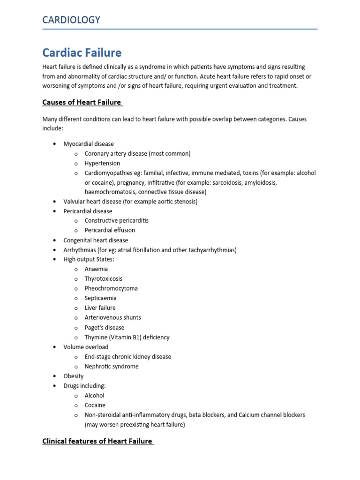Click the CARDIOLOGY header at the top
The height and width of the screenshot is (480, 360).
pyautogui.click(x=71, y=20)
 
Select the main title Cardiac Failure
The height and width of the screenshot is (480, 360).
pyautogui.click(x=82, y=52)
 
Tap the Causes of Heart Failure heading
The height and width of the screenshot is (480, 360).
pyautogui.click(x=82, y=102)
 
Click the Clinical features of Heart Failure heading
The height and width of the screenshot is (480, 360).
pyautogui.click(x=98, y=441)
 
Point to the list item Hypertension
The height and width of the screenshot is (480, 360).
pyautogui.click(x=102, y=164)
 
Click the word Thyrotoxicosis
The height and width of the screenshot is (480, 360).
pyautogui.click(x=104, y=279)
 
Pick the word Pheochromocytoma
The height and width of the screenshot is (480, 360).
pyautogui.click(x=111, y=288)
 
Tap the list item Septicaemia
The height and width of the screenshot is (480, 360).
pyautogui.click(x=101, y=298)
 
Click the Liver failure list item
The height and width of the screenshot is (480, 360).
pyautogui.click(x=100, y=308)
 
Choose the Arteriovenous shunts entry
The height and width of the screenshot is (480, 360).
pyautogui.click(x=112, y=317)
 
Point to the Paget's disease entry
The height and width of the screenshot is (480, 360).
pyautogui.click(x=105, y=328)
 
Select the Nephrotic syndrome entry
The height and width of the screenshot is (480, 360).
pyautogui.click(x=112, y=367)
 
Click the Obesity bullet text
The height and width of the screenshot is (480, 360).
pyautogui.click(x=74, y=376)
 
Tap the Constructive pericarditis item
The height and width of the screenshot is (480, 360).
pyautogui.click(x=117, y=220)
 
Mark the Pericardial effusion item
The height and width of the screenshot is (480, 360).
pyautogui.click(x=110, y=230)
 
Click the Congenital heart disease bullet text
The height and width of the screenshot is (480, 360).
pyautogui.click(x=96, y=240)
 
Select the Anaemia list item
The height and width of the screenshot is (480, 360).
pyautogui.click(x=96, y=269)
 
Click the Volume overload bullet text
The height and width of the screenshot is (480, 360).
pyautogui.click(x=86, y=347)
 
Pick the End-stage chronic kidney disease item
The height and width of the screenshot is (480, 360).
pyautogui.click(x=128, y=357)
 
